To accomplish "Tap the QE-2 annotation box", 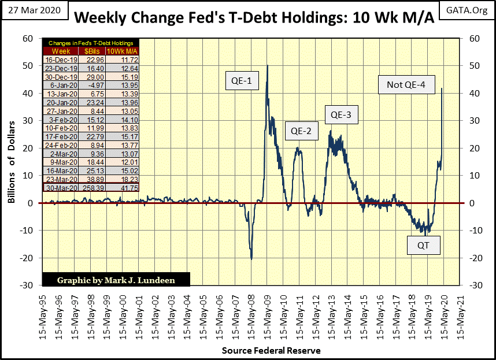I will pyautogui.click(x=301, y=131).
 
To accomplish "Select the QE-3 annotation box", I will pyautogui.click(x=341, y=115).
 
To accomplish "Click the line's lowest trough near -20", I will pyautogui.click(x=251, y=258).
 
